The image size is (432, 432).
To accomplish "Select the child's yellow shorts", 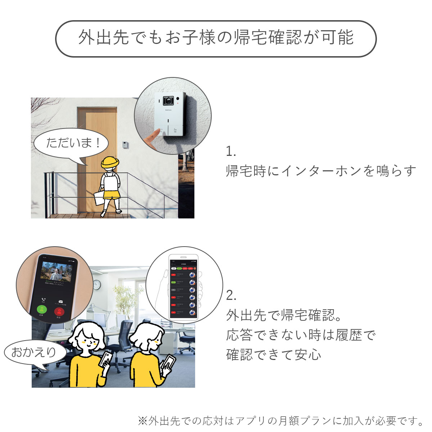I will pos(111,195).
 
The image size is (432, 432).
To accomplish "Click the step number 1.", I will pos(231,152).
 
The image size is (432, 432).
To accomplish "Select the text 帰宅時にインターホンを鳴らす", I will pos(321,171).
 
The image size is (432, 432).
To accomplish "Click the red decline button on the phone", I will pos(59,311).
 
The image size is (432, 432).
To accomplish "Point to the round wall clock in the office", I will pos(97,285).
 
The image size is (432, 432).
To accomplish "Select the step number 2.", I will pos(231,296).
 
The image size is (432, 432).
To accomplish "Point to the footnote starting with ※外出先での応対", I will pos(281,420).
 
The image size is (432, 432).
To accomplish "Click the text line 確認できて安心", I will pos(274,355).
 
